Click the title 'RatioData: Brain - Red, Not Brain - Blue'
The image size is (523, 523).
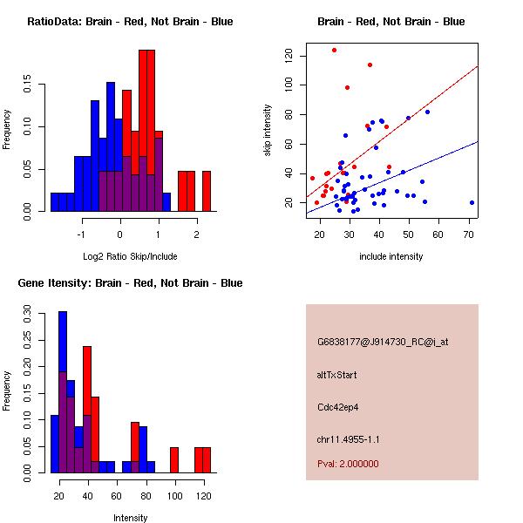(129, 22)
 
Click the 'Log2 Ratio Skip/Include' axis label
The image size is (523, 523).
(129, 256)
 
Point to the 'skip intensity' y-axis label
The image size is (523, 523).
(268, 131)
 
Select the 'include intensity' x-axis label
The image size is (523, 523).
(391, 256)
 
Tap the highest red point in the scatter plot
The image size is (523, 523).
(335, 50)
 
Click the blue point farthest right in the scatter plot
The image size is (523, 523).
(472, 202)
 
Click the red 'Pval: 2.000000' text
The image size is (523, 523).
(348, 464)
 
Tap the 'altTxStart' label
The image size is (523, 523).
(336, 375)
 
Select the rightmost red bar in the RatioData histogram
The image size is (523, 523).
(207, 191)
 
